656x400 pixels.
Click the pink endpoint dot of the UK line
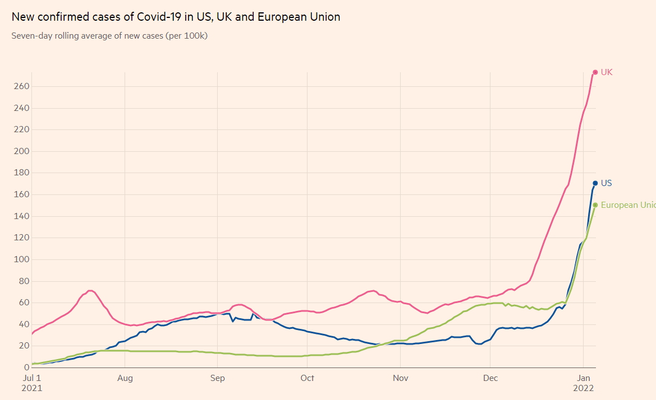(595, 72)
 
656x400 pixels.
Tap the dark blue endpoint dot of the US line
(595, 183)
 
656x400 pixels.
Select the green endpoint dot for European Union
(595, 205)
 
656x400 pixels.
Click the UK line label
(607, 72)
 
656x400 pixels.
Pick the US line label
(607, 183)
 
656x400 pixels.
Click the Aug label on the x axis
(125, 378)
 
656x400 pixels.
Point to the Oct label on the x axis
(307, 378)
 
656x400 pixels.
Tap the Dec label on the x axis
(491, 378)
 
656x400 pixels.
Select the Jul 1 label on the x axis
(33, 378)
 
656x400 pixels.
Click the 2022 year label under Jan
(584, 388)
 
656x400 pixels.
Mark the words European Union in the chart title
(299, 17)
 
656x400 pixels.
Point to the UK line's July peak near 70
(90, 291)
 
